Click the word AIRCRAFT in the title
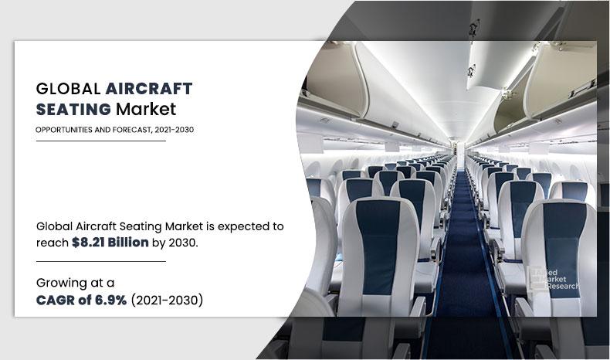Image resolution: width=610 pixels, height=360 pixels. click(149, 88)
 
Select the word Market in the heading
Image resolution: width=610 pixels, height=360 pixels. click(146, 110)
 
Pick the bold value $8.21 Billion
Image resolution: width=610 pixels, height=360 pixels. click(107, 243)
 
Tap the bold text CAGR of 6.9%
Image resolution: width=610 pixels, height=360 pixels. click(75, 300)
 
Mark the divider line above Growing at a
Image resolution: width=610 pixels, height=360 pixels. click(100, 262)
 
